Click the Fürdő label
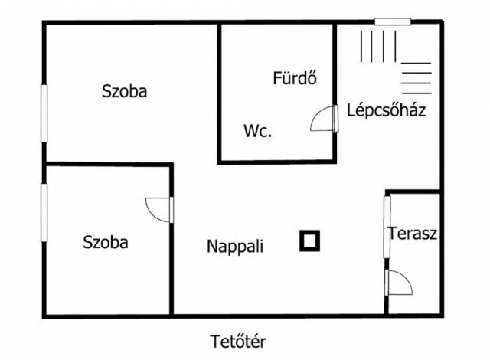click(x=295, y=78)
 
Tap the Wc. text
click(x=258, y=130)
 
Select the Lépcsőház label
click(x=387, y=110)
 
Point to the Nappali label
click(x=235, y=247)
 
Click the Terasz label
click(x=413, y=234)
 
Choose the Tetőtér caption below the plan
click(x=240, y=340)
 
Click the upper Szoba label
click(x=125, y=91)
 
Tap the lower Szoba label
click(x=106, y=243)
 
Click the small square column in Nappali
click(x=310, y=241)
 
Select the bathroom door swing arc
click(x=322, y=120)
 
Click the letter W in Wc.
click(x=250, y=130)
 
